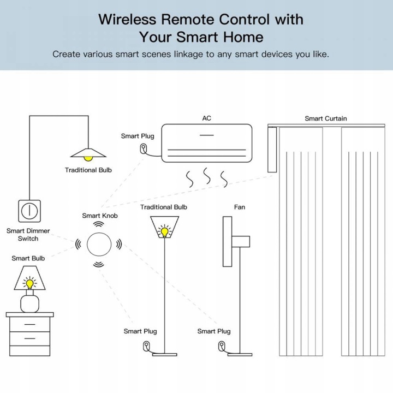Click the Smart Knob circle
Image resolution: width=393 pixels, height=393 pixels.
pyautogui.click(x=98, y=243)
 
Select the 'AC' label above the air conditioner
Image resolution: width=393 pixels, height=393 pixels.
pyautogui.click(x=206, y=118)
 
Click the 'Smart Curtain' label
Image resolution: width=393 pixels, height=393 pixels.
pyautogui.click(x=325, y=118)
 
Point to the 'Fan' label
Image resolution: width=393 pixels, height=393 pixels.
pyautogui.click(x=240, y=207)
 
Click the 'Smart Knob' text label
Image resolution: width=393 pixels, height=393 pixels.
pyautogui.click(x=100, y=216)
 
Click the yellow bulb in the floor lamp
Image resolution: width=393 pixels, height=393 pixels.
pyautogui.click(x=164, y=231)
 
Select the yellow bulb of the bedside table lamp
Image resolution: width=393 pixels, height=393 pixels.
pyautogui.click(x=29, y=284)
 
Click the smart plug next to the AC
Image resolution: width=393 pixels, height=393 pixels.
pyautogui.click(x=144, y=148)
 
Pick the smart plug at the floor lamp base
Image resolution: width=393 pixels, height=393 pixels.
pyautogui.click(x=146, y=346)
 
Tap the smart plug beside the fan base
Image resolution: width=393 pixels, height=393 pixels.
pyautogui.click(x=221, y=346)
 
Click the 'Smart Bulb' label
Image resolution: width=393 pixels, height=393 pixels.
pyautogui.click(x=28, y=258)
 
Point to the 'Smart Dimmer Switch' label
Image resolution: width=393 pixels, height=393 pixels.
pyautogui.click(x=28, y=235)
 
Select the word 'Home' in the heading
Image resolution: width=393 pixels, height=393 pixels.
pyautogui.click(x=242, y=37)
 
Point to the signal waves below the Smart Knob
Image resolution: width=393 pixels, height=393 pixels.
pyautogui.click(x=98, y=265)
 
